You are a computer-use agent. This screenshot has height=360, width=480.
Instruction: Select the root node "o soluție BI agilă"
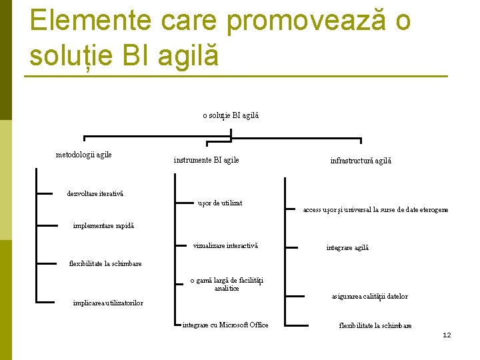(x=231, y=115)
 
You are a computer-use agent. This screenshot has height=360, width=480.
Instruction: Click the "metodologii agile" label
(x=83, y=155)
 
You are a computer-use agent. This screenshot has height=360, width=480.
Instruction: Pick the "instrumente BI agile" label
(x=206, y=160)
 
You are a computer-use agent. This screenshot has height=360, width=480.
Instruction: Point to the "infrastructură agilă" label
(x=361, y=161)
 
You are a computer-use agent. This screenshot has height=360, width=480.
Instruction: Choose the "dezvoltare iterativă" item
(x=95, y=194)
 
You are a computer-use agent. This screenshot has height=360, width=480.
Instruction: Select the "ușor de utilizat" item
(x=220, y=202)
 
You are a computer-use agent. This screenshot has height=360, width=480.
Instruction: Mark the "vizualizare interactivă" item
(x=225, y=246)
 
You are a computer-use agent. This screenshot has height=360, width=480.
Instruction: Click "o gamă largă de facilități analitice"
(x=227, y=285)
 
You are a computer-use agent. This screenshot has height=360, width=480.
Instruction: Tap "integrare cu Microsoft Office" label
(x=225, y=325)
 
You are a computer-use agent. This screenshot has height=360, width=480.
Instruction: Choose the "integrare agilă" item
(x=347, y=247)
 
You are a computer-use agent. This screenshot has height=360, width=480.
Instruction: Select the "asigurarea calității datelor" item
(x=369, y=296)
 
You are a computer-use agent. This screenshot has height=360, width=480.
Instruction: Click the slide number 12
(x=447, y=335)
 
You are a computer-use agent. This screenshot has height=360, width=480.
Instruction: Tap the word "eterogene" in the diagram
(x=431, y=209)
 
